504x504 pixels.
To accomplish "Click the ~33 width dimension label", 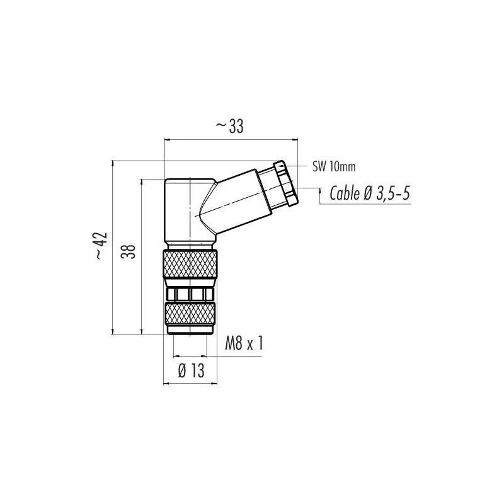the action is coord(229,127).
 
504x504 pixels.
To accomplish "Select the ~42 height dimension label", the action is coord(101,246).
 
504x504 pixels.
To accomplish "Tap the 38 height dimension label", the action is coord(129,251).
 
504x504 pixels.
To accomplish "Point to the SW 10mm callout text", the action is coord(334,166).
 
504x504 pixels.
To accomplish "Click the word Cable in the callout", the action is coord(345,193).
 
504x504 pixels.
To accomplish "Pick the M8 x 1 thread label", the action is coord(244,343).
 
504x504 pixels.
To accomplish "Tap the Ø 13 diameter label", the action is coord(191,371).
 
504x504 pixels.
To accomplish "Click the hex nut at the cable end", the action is coord(286,183).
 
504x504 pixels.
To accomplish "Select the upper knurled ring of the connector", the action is coord(190,263).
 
